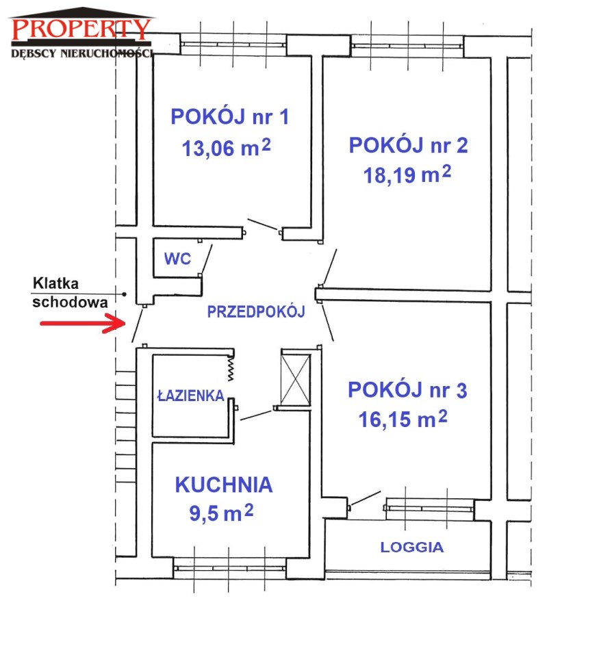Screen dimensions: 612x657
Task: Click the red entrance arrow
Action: click(x=83, y=324)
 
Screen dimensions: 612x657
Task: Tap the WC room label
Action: click(x=177, y=259)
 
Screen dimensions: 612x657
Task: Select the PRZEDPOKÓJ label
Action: click(x=256, y=311)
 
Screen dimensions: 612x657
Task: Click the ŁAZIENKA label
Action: click(x=191, y=395)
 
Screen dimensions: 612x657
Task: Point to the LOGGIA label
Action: click(x=411, y=547)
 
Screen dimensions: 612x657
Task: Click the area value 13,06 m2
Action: click(x=226, y=148)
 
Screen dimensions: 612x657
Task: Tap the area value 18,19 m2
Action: click(x=407, y=175)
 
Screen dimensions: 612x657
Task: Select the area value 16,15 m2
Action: click(x=403, y=419)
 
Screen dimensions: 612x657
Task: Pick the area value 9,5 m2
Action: click(x=221, y=513)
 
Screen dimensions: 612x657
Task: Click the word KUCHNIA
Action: click(x=224, y=485)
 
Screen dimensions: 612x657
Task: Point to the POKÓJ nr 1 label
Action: click(x=230, y=116)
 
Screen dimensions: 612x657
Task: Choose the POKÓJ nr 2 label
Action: click(x=408, y=145)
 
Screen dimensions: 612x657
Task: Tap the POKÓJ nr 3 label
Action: click(x=407, y=389)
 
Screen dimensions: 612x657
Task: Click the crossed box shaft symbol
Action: click(x=296, y=380)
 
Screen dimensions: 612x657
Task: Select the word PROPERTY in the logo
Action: click(x=81, y=29)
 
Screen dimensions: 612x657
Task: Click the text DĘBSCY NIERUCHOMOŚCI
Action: click(x=82, y=53)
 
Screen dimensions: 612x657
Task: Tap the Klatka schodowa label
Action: click(x=70, y=292)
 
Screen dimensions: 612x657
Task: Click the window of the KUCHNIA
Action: click(x=229, y=569)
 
